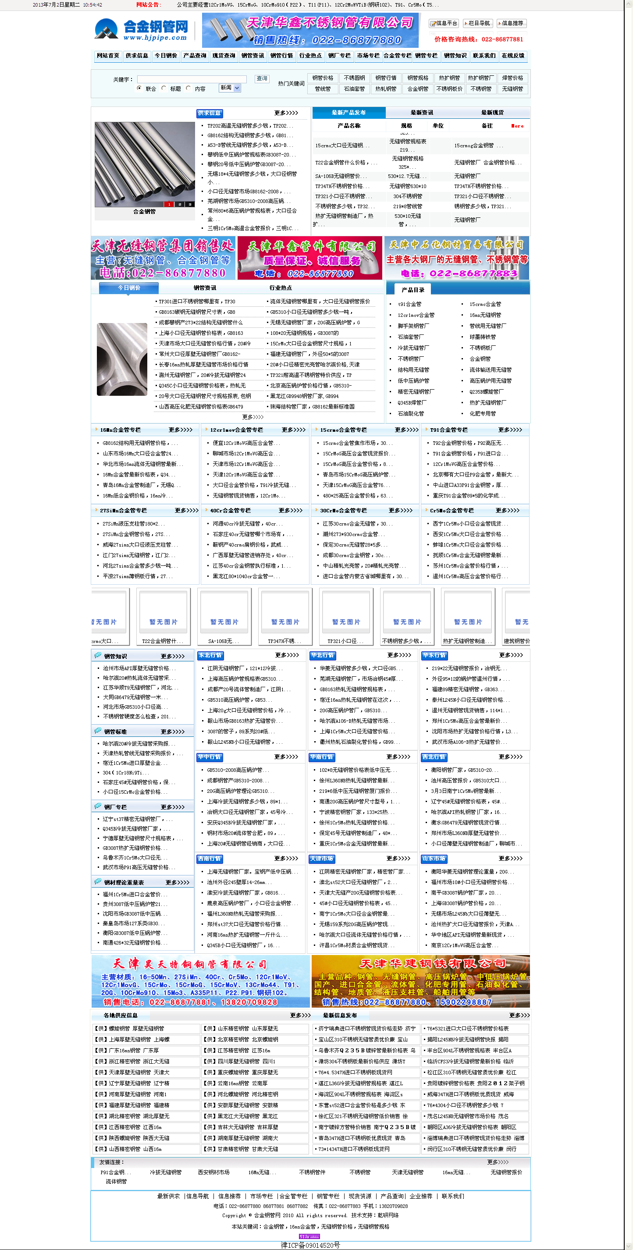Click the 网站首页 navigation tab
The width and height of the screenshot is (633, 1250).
pyautogui.click(x=108, y=56)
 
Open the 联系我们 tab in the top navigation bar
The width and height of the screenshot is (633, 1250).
pyautogui.click(x=484, y=56)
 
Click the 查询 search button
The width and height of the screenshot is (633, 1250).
pyautogui.click(x=262, y=78)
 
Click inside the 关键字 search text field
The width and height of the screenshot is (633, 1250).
pyautogui.click(x=192, y=79)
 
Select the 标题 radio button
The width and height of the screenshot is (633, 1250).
pyautogui.click(x=164, y=89)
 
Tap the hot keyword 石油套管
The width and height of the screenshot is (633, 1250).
pyautogui.click(x=354, y=89)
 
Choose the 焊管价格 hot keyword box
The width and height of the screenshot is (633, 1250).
pyautogui.click(x=512, y=78)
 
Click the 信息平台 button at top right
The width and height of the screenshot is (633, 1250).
pyautogui.click(x=444, y=23)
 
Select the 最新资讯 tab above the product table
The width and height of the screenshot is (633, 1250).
pyautogui.click(x=421, y=113)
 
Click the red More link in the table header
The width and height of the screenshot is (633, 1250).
pyautogui.click(x=517, y=126)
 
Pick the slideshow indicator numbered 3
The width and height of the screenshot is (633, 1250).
pyautogui.click(x=190, y=204)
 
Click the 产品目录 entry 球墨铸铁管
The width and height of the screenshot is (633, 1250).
pyautogui.click(x=483, y=337)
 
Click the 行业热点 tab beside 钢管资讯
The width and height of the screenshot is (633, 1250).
pyautogui.click(x=281, y=288)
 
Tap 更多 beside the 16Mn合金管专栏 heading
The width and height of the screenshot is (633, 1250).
pyautogui.click(x=180, y=430)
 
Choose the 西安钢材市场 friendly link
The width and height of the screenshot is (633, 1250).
pyautogui.click(x=213, y=1172)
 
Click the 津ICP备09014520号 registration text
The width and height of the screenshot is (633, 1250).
pyautogui.click(x=310, y=1245)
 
